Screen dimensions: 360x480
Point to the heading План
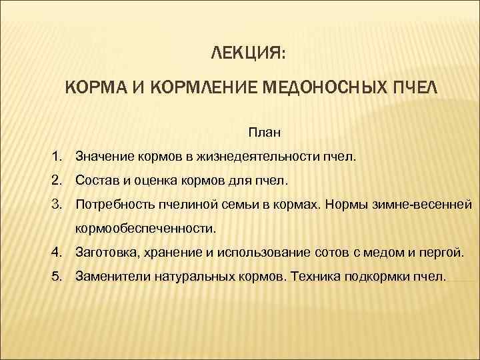pyautogui.click(x=265, y=133)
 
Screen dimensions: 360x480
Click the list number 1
pyautogui.click(x=59, y=157)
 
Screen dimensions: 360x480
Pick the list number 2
pyautogui.click(x=59, y=181)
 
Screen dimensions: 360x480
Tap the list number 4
pyautogui.click(x=59, y=251)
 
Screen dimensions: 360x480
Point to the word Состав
pyautogui.click(x=97, y=181)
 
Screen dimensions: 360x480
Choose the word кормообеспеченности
pyautogui.click(x=146, y=228)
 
